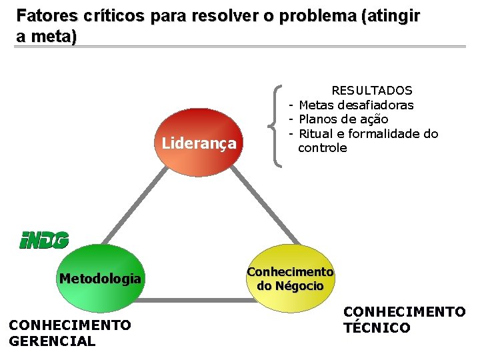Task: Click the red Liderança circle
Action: (199, 143)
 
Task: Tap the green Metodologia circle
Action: (100, 279)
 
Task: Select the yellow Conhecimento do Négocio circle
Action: (290, 279)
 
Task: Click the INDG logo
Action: (43, 240)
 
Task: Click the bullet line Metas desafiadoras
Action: (356, 105)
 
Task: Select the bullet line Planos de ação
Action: (343, 119)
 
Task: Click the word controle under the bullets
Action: (323, 148)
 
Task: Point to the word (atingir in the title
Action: (391, 15)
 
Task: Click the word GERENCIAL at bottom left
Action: (52, 341)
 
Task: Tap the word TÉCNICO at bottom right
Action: (377, 328)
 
